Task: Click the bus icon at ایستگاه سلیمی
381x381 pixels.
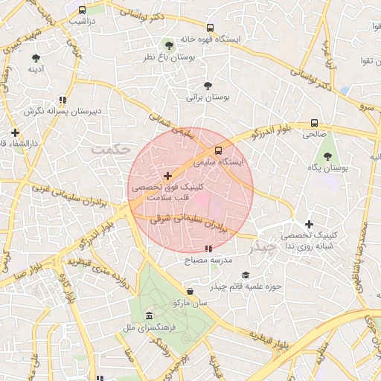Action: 218,150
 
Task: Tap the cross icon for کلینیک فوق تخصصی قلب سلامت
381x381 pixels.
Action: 167,176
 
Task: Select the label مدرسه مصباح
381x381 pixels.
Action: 208,261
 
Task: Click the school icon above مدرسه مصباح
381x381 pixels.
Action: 208,249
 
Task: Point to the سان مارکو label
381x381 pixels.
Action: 190,304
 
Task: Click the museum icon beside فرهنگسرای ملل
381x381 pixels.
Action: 150,316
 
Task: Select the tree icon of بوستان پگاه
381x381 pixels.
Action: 327,156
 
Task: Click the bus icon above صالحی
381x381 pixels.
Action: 314,123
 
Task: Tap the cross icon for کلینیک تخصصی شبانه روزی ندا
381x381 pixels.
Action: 309,224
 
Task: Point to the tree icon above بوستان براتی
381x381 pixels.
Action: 207,86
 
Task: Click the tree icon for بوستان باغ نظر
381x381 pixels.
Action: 169,45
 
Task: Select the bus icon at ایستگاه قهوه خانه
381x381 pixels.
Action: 209,27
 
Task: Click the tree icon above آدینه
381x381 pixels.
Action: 36,57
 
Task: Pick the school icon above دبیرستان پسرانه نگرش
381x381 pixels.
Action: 63,99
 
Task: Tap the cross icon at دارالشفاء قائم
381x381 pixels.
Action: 14,132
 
